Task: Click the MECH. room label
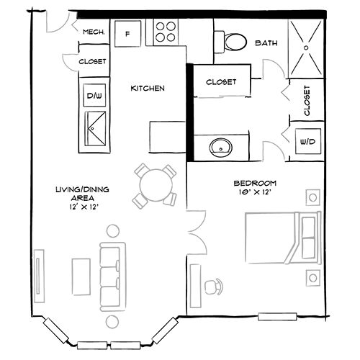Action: point(95,33)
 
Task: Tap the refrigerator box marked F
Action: point(127,33)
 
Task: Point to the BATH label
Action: point(266,44)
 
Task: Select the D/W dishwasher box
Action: point(95,95)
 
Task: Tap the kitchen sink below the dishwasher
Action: point(95,129)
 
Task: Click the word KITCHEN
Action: point(148,89)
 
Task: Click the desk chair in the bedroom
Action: point(215,286)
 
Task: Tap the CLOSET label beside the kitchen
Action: point(92,63)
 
